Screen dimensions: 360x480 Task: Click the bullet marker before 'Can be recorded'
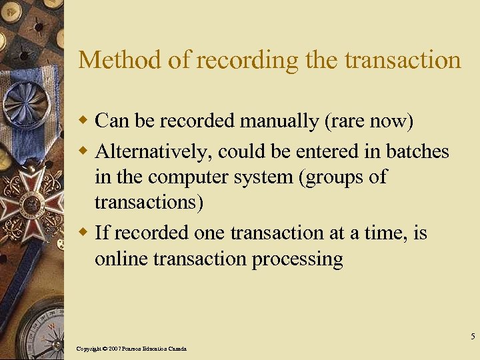tap(84, 121)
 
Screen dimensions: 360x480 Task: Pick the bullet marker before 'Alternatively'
tap(84, 152)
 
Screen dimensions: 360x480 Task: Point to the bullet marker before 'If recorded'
tap(84, 233)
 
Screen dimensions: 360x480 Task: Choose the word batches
tap(417, 151)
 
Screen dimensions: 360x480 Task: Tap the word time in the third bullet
tap(391, 233)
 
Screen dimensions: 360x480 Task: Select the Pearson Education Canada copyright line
tap(131, 349)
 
